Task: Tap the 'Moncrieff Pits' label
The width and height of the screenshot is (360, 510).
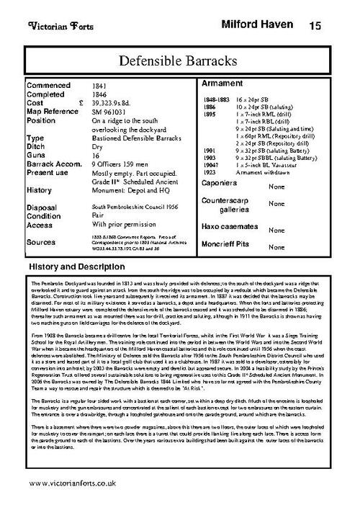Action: [x=228, y=245]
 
